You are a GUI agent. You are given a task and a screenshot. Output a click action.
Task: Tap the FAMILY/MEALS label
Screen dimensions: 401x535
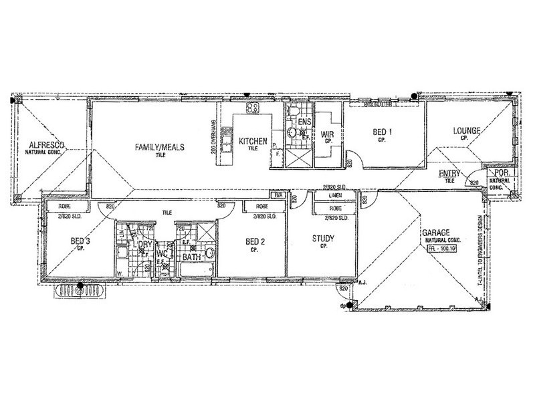coord(159,148)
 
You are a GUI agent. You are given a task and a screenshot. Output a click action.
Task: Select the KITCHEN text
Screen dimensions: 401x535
coord(253,141)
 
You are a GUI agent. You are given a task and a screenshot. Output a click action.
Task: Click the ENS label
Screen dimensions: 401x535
coord(304,123)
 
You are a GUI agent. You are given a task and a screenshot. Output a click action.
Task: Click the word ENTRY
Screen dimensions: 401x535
coord(449,174)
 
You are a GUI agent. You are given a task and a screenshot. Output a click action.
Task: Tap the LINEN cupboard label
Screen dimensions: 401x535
coord(336,196)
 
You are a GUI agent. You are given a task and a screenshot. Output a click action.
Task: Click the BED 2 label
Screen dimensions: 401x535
coord(255,241)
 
